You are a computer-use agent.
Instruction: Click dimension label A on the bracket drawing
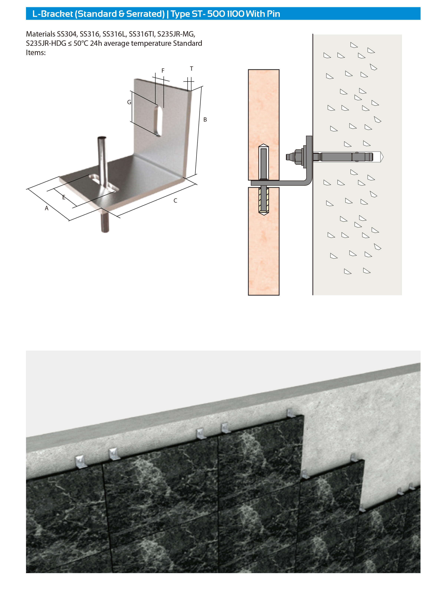pos(46,208)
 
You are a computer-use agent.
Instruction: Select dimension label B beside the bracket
pos(205,120)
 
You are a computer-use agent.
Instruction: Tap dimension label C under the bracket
pos(175,201)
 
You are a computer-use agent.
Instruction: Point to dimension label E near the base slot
pos(64,197)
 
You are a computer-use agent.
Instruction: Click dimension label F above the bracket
pos(163,71)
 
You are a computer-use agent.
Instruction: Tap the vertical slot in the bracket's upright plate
pos(158,120)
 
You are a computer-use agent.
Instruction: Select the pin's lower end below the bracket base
pos(105,231)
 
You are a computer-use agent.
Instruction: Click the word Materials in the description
pos(41,34)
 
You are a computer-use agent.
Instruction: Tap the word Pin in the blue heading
pos(273,14)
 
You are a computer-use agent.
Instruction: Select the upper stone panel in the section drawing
pos(264,125)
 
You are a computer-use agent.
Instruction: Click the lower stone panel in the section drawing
pos(264,241)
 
